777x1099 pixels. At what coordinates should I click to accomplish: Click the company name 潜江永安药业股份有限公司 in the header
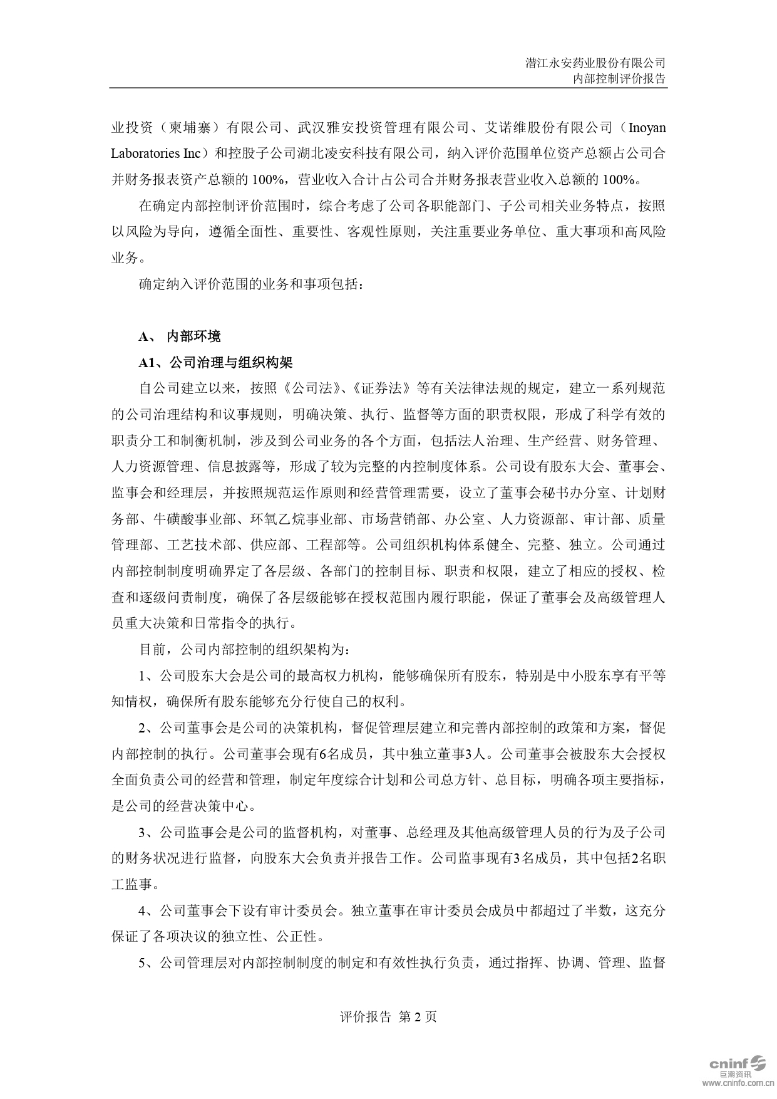595,63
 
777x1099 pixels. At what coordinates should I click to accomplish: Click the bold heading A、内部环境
180,336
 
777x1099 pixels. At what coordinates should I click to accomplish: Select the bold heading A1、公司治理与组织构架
215,363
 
